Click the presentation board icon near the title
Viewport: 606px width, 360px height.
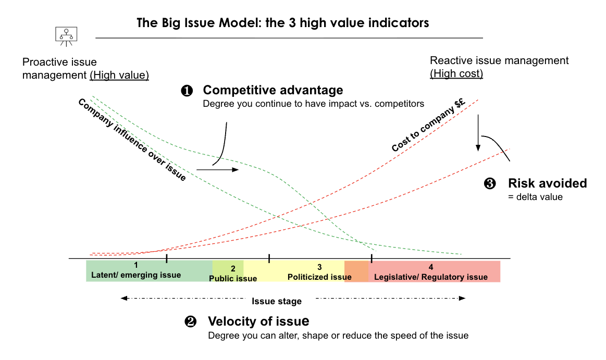coord(66,35)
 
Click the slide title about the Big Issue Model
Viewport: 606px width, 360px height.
coord(283,23)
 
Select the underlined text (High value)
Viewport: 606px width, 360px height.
coord(119,75)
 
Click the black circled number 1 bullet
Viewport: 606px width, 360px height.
coord(187,91)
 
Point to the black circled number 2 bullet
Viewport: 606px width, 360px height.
coord(191,321)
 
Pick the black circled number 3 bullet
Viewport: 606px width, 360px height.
coord(490,183)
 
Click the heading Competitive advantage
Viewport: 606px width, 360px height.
coord(273,90)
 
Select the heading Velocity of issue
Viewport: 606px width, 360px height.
coord(258,321)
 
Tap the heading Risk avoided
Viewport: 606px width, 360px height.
coord(548,183)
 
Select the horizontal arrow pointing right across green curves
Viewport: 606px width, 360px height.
coord(217,169)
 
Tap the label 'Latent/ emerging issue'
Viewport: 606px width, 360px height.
coord(136,275)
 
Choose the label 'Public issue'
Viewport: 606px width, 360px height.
coord(233,278)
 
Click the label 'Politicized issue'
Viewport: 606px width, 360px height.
coord(319,277)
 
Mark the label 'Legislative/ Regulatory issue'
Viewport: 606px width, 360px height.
coord(431,277)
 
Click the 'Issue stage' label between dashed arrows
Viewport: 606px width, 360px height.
coord(277,301)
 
